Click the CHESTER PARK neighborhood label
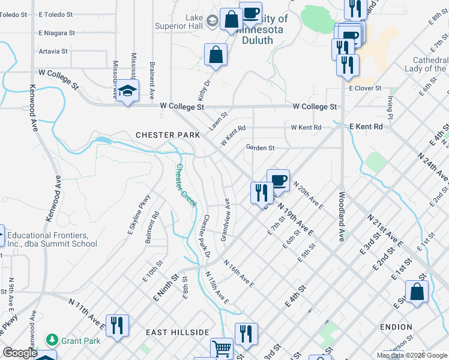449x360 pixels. pos(167,135)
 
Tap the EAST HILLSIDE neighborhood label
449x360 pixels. pos(177,332)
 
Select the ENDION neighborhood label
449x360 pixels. pos(396,327)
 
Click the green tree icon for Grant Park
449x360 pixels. pos(53,340)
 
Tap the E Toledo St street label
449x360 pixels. pos(55,13)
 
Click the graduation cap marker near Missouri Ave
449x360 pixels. pos(127,91)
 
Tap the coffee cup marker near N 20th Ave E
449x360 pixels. pos(278,179)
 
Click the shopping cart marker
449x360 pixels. pos(221,349)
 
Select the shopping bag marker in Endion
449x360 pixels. pos(417,293)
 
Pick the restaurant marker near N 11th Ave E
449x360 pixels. pos(117,326)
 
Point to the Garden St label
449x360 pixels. pos(260,148)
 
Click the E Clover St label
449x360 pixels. pos(366,88)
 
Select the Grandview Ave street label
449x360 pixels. pos(226,220)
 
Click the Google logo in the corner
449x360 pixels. pos(20,353)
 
